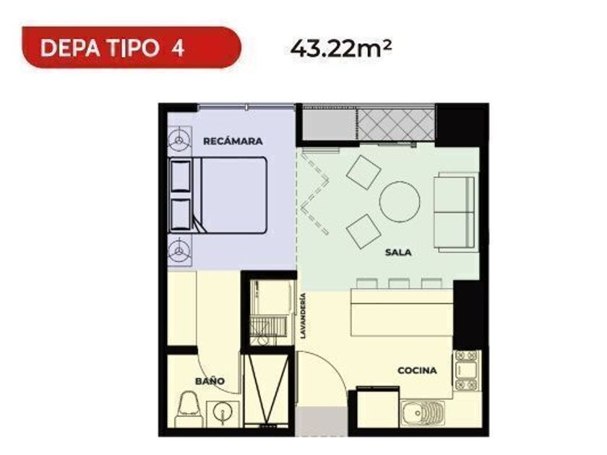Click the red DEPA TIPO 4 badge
pyautogui.click(x=132, y=48)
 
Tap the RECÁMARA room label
pyautogui.click(x=233, y=142)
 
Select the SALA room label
pyautogui.click(x=398, y=253)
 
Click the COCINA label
pyautogui.click(x=418, y=370)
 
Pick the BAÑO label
pyautogui.click(x=210, y=381)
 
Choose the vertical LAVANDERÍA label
pyautogui.click(x=303, y=316)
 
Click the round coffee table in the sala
pyautogui.click(x=400, y=201)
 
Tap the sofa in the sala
pyautogui.click(x=455, y=212)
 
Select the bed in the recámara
pyautogui.click(x=218, y=195)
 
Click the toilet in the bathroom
pyautogui.click(x=189, y=409)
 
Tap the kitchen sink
pyautogui.click(x=422, y=414)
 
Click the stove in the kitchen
pyautogui.click(x=468, y=370)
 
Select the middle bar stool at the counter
pyautogui.click(x=399, y=284)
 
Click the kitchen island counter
pyautogui.click(x=402, y=312)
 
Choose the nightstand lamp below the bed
pyautogui.click(x=179, y=251)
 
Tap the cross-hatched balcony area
pyautogui.click(x=396, y=125)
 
